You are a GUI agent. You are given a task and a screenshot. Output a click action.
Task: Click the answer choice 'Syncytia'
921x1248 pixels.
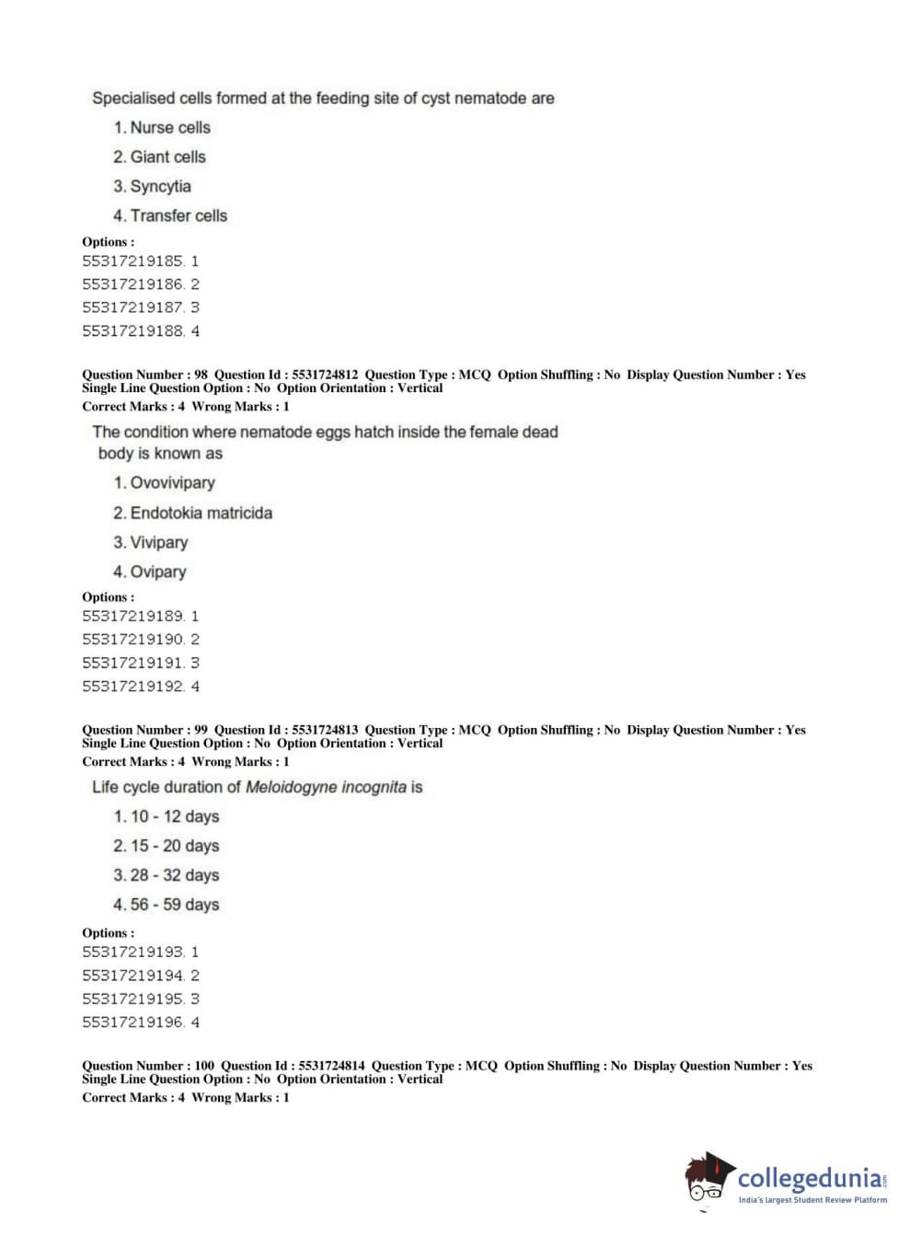[160, 186]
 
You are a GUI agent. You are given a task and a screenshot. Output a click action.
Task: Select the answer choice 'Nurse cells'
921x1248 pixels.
[169, 127]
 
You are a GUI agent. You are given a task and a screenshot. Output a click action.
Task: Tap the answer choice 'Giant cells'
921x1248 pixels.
[167, 156]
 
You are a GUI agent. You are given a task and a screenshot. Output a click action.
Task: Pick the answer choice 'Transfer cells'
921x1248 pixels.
[178, 215]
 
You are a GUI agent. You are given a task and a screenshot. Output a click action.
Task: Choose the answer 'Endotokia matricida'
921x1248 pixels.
[201, 513]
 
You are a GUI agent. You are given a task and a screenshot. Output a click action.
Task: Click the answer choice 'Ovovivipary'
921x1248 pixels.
[172, 482]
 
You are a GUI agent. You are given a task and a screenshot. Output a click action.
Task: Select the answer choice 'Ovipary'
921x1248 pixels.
[157, 572]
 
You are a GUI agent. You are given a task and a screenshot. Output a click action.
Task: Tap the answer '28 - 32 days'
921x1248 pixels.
[174, 874]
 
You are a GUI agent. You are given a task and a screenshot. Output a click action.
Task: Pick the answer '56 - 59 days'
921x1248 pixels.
[174, 904]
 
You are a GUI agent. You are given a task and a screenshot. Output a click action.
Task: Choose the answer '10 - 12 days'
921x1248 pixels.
[174, 815]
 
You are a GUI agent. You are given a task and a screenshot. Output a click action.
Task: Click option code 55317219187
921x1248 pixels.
[132, 307]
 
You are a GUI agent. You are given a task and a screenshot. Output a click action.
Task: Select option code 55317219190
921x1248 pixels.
[132, 639]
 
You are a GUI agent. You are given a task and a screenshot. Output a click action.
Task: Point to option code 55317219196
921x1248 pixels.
[132, 1022]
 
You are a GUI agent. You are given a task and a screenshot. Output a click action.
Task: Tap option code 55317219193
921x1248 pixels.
[132, 952]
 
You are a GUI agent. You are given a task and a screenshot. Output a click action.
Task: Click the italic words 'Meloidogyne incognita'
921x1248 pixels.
[326, 787]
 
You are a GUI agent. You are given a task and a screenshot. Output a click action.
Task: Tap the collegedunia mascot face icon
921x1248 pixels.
[708, 1178]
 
